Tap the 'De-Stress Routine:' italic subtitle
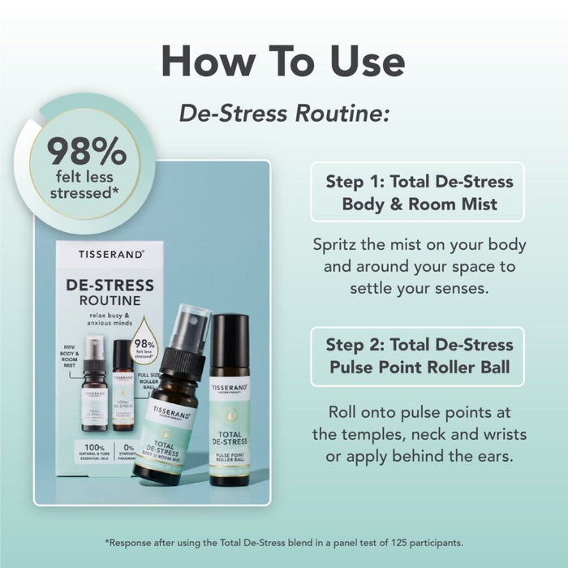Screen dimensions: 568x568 tap(285, 113)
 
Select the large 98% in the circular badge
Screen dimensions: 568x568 tap(86, 151)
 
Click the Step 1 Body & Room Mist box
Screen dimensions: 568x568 tap(417, 191)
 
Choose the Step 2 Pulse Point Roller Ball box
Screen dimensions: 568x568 tap(417, 355)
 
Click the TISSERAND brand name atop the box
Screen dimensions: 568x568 tap(111, 254)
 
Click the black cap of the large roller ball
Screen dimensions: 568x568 tap(230, 340)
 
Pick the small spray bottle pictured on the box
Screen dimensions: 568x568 tap(95, 381)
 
